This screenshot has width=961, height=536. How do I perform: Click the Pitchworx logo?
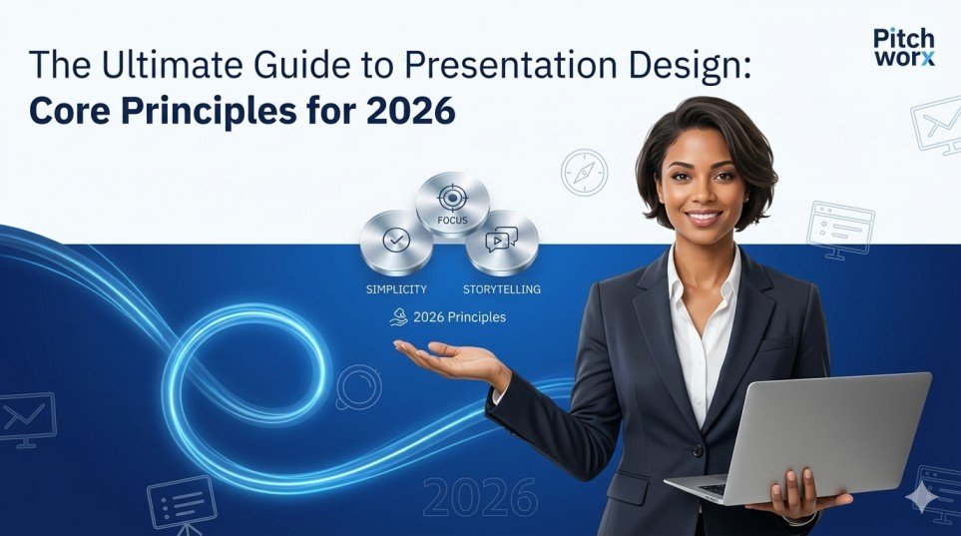click(x=902, y=46)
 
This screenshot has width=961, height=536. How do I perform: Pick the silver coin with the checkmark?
click(x=396, y=242)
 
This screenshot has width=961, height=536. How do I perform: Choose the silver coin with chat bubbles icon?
click(x=501, y=242)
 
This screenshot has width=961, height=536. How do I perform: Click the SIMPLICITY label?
click(x=396, y=289)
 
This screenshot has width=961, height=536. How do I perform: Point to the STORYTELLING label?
click(x=501, y=289)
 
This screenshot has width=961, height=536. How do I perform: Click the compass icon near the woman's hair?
click(x=584, y=172)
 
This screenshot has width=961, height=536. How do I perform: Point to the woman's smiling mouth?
click(x=703, y=216)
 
